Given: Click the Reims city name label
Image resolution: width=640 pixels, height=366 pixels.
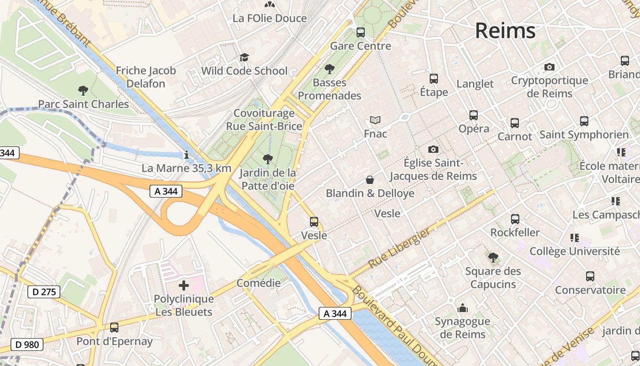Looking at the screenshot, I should (x=505, y=31).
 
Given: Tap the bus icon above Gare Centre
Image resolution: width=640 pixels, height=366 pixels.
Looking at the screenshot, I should (x=361, y=32).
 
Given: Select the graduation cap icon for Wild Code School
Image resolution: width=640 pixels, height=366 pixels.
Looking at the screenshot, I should (x=244, y=58).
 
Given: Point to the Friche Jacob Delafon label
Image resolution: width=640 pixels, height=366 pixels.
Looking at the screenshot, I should (x=146, y=77).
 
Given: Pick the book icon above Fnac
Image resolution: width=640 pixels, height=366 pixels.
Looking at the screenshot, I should (x=375, y=120).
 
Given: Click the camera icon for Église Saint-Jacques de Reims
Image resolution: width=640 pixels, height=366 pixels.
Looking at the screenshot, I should (x=433, y=150).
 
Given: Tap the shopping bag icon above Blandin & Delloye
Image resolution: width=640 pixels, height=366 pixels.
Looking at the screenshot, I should (x=370, y=180).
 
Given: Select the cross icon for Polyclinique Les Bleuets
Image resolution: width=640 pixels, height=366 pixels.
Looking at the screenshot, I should (x=184, y=286).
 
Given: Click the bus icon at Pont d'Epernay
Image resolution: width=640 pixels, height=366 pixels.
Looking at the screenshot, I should (x=114, y=328).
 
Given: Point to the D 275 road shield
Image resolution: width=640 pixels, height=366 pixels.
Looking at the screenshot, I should (x=44, y=291).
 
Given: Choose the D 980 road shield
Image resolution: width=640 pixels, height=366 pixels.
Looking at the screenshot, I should (x=27, y=344).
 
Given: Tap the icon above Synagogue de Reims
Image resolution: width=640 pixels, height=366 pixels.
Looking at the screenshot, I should (x=463, y=308).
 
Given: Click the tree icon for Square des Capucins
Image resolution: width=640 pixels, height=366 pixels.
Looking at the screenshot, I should (x=493, y=258).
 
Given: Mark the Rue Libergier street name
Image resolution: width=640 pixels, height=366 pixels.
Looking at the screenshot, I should (x=399, y=249).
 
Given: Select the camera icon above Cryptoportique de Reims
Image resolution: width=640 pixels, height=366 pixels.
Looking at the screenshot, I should (x=549, y=67).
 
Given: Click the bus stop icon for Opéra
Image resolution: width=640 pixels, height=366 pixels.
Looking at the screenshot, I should (x=474, y=115).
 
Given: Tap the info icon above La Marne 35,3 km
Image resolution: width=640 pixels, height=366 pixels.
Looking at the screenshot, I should (x=186, y=155).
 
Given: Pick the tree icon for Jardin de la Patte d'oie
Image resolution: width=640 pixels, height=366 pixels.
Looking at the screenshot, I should (x=268, y=159).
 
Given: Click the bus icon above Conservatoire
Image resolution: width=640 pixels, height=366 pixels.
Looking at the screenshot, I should (x=590, y=276).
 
